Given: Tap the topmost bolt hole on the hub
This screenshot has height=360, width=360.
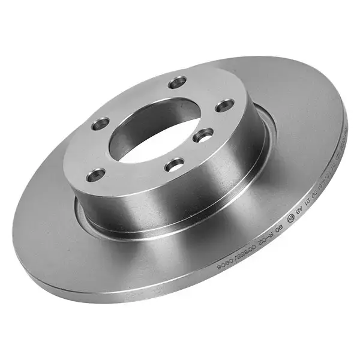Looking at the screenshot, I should click(177, 82).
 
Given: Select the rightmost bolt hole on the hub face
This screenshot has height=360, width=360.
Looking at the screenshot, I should click(224, 106).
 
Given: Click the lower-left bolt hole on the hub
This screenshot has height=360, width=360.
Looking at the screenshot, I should click(95, 175).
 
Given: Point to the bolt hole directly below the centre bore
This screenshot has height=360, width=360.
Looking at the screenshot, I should click(175, 163).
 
